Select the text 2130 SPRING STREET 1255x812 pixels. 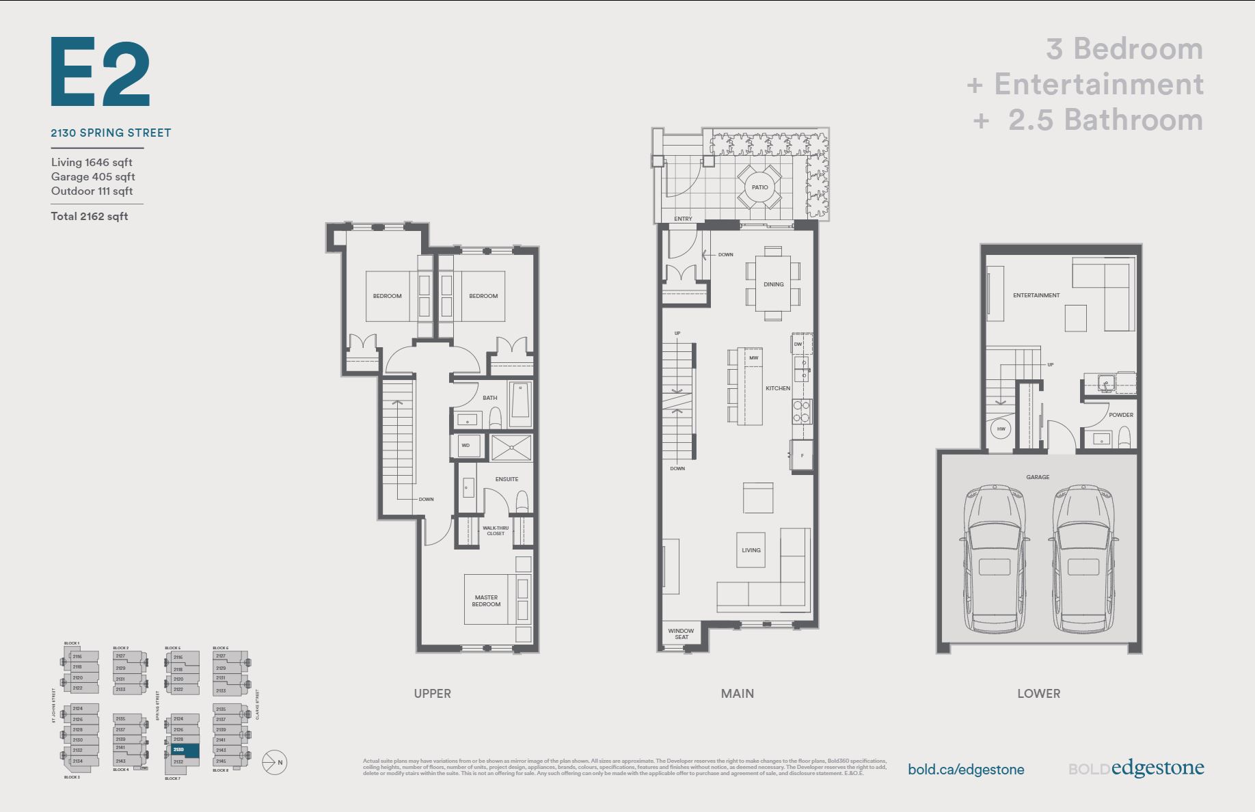(111, 133)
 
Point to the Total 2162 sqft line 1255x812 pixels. (90, 217)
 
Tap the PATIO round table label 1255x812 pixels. (759, 187)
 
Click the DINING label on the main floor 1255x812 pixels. (773, 284)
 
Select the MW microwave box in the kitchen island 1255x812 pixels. (753, 358)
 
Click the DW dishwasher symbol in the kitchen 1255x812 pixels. (798, 344)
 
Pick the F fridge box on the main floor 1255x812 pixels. (802, 455)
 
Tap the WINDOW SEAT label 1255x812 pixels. (681, 634)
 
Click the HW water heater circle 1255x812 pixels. (1001, 429)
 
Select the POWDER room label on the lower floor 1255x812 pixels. (1121, 415)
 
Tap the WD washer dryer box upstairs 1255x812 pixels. (465, 446)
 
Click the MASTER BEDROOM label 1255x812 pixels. (486, 601)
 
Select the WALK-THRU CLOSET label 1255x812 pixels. (496, 530)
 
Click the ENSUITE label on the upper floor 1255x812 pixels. (507, 479)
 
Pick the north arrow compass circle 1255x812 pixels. (275, 762)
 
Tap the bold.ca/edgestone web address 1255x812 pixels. (965, 770)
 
